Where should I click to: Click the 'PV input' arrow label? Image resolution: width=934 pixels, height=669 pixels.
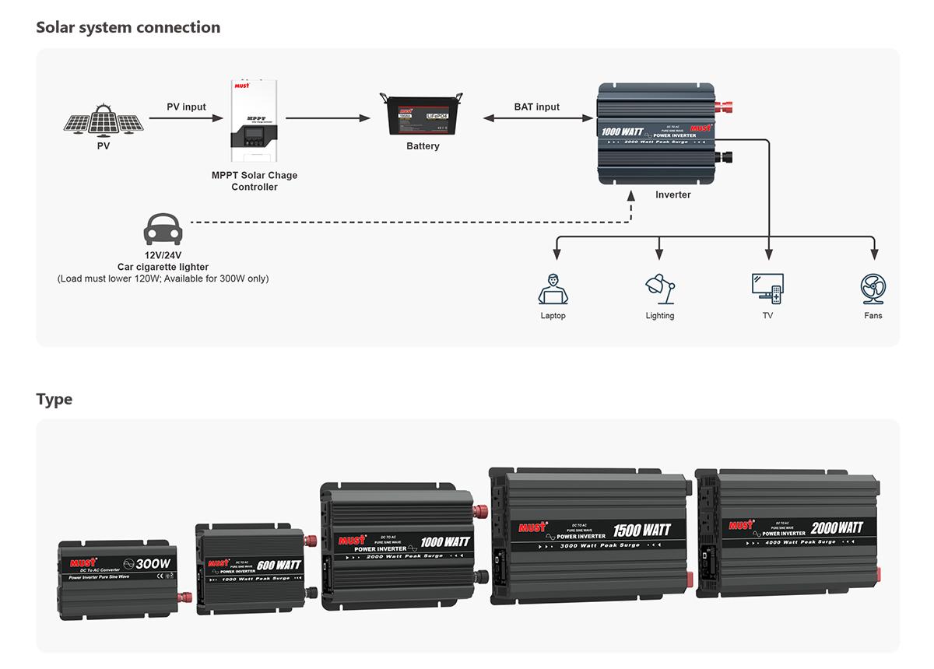point(186,107)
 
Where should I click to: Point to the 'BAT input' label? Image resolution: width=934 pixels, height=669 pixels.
point(536,107)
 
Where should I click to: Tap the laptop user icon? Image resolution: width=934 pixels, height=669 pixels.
point(553,289)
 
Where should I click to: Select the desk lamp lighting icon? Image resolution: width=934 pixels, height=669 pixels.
point(659,289)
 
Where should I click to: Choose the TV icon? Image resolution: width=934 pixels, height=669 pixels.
point(767,288)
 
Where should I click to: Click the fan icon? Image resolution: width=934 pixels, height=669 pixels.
point(873,289)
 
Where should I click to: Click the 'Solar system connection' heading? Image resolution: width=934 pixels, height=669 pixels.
point(128,27)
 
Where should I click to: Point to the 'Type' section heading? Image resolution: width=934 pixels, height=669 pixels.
point(54,399)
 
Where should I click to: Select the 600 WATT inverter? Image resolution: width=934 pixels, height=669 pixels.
point(254,564)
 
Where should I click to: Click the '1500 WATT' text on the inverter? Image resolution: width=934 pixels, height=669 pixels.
point(641,531)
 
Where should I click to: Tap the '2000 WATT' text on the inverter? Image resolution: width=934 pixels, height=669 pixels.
point(837,528)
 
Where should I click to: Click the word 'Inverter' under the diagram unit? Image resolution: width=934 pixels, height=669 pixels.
point(672,194)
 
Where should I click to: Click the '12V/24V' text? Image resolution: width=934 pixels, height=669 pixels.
point(163,255)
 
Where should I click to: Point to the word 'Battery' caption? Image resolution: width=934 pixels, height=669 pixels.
point(423,146)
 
